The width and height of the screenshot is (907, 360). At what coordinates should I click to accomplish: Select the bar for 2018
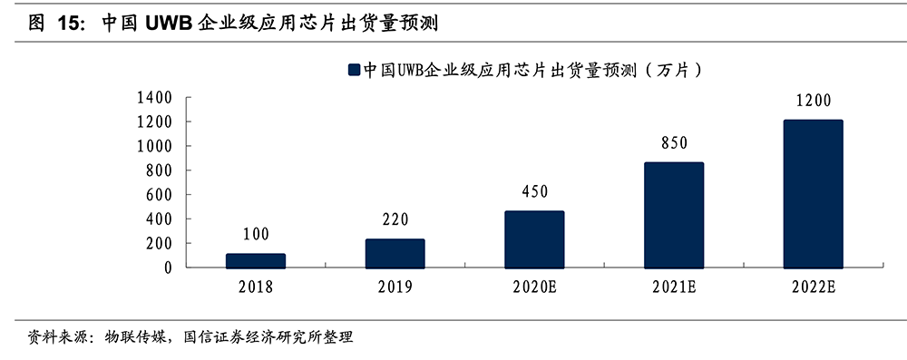[256, 261]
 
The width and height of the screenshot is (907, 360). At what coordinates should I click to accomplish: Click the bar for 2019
[395, 254]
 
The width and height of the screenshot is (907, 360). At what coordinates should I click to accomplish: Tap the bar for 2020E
[534, 239]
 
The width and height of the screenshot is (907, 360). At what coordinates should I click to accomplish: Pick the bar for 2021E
[674, 215]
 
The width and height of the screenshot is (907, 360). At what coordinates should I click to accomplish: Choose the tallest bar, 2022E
[814, 194]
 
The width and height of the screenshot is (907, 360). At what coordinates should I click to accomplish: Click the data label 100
[256, 235]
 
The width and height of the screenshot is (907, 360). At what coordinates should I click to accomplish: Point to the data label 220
[395, 219]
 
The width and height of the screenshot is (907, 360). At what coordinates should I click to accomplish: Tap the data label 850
[674, 142]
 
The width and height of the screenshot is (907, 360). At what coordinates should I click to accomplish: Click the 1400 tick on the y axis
[158, 97]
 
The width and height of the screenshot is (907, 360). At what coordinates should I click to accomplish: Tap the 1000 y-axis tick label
[158, 146]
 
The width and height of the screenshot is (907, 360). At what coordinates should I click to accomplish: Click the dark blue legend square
[354, 69]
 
